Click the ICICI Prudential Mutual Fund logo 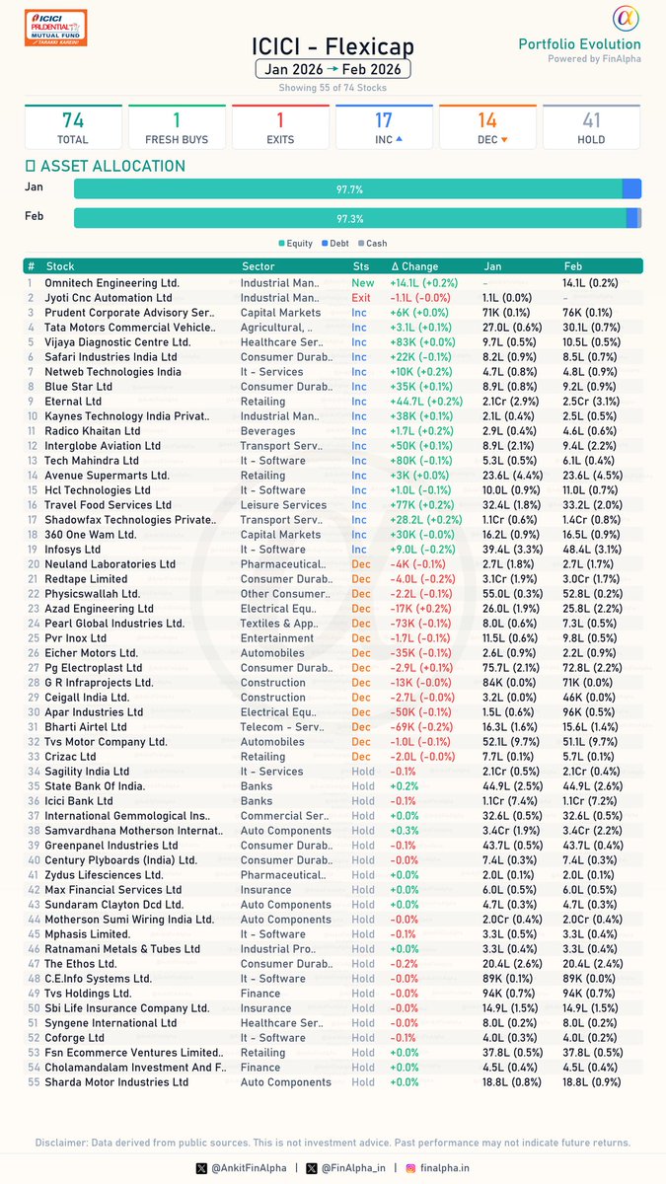55,27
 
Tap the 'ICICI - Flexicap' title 333,46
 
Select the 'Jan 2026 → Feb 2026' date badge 333,70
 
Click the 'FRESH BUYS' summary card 177,127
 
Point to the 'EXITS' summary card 280,127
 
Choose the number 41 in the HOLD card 591,120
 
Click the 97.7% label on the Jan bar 349,189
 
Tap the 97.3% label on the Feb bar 349,218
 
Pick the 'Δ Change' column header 414,266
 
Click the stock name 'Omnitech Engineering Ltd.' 112,283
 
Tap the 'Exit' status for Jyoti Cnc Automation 361,298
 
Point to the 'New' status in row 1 363,283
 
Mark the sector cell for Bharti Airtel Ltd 280,727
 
